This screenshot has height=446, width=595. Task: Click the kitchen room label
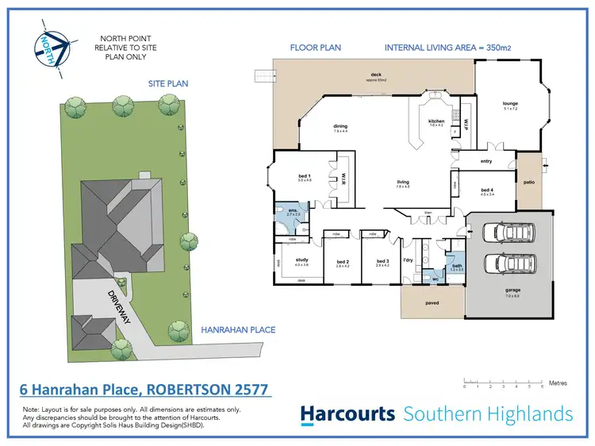[x=436, y=121]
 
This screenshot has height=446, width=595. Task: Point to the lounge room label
[x=510, y=103]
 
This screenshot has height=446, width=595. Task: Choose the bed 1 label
[x=304, y=176]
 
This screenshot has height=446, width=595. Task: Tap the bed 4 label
[x=487, y=190]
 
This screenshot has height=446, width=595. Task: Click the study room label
[x=301, y=260]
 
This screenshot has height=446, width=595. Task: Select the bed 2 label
[x=343, y=262]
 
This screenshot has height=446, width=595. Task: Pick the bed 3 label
[x=383, y=262]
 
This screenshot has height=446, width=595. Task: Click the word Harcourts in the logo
[x=347, y=413]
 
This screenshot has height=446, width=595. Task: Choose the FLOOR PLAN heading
[x=314, y=48]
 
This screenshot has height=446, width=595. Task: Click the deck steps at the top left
[x=262, y=75]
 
